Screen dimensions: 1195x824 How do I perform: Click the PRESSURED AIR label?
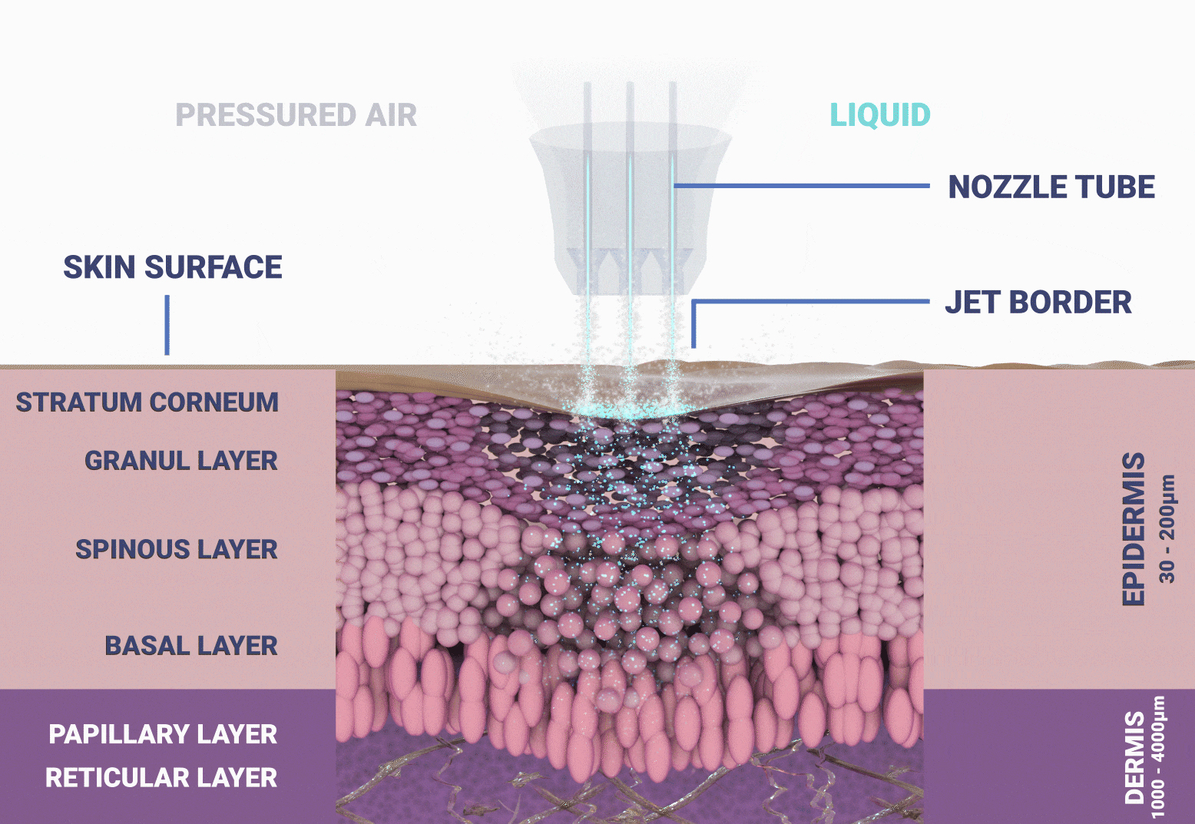coord(296,114)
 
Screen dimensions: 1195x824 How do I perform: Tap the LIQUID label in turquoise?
coord(880,114)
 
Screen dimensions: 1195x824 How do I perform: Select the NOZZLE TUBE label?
coord(1051,187)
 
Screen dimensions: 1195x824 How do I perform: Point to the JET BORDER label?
coord(1038,302)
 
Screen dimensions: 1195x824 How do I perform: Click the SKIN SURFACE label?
coord(173,267)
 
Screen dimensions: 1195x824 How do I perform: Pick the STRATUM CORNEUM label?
coord(147,402)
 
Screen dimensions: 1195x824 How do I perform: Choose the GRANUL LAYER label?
coord(180,461)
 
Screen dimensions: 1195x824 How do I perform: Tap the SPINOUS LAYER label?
coord(177,549)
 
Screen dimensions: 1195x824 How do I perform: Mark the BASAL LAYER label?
coord(191,646)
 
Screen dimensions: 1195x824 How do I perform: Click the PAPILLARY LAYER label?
coord(163,734)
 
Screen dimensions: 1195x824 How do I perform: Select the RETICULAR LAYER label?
coord(161,778)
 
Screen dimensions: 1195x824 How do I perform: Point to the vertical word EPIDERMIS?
coord(1134,529)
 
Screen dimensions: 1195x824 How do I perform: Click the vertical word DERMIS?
coord(1135,757)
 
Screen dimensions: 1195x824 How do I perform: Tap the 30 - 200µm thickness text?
coord(1167,529)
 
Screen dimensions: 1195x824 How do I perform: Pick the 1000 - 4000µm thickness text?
coord(1157,756)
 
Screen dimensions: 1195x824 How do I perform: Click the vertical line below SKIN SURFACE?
coord(167,325)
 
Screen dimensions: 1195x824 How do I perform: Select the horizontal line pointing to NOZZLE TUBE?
coord(801,186)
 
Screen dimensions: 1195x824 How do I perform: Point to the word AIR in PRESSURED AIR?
coord(391,114)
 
